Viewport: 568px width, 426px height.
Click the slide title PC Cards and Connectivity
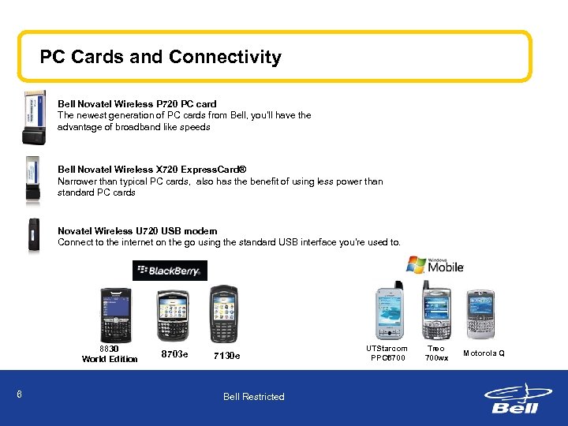click(x=160, y=57)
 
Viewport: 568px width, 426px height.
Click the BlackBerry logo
click(x=170, y=271)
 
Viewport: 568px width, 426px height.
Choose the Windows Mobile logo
click(x=435, y=266)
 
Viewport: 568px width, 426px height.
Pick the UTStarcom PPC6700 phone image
click(x=387, y=313)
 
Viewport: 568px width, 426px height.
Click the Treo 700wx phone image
click(x=435, y=313)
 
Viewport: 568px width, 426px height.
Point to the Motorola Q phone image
click(x=480, y=313)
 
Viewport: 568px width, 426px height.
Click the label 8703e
click(x=174, y=355)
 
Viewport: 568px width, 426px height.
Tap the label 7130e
click(x=226, y=356)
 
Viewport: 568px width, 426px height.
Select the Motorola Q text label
click(x=484, y=353)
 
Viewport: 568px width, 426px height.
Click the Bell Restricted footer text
click(x=253, y=397)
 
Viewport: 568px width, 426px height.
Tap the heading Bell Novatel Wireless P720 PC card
click(x=136, y=103)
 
